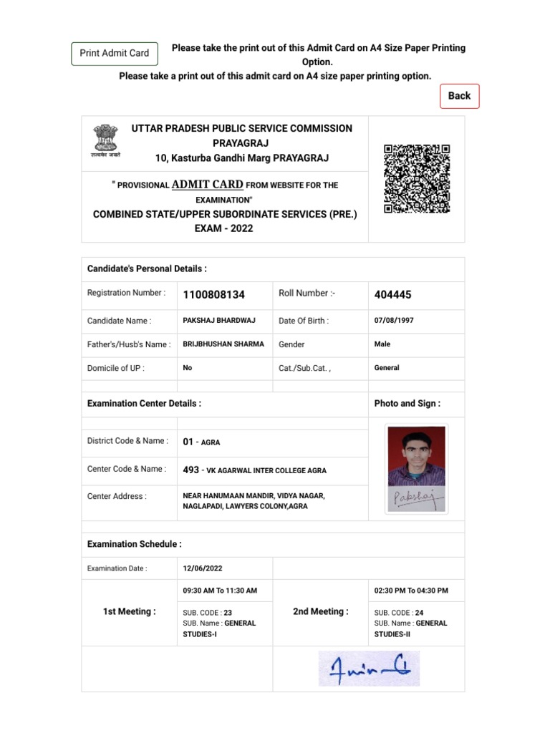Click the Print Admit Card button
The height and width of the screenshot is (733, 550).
tap(115, 54)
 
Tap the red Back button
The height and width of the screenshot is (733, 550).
tap(459, 96)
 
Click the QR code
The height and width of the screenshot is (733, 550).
tap(417, 179)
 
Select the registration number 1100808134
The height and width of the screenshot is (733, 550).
tap(213, 295)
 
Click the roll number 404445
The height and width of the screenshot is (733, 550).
tap(392, 295)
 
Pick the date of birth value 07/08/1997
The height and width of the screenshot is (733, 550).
tap(394, 321)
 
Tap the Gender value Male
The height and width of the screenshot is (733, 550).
tap(382, 344)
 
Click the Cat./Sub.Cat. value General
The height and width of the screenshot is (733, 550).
tap(387, 368)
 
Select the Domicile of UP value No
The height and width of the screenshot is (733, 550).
tap(188, 368)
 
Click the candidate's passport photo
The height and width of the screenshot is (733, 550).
tap(416, 456)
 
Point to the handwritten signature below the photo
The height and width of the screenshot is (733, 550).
tap(417, 499)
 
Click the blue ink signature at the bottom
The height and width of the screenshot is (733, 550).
tap(369, 669)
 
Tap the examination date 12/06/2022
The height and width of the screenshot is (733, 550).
tap(203, 568)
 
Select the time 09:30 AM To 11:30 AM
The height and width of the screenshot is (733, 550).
tap(220, 591)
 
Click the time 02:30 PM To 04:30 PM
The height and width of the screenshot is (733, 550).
tap(411, 591)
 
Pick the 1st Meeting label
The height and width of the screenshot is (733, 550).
tap(129, 611)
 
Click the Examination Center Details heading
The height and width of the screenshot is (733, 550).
tap(144, 404)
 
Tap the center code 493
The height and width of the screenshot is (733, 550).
tap(190, 470)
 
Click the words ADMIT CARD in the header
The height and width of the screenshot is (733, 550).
tap(208, 184)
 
